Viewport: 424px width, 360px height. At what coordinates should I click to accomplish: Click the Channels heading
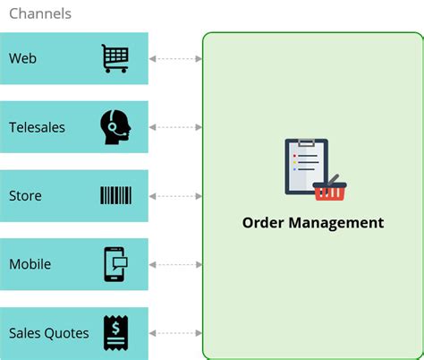coord(40,14)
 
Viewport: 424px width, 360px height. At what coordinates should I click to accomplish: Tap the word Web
coord(22,58)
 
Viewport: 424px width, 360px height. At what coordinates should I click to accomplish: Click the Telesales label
coord(37,127)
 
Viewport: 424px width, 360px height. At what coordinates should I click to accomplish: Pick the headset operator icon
coord(115,127)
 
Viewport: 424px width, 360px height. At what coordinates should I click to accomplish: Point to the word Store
coord(25,195)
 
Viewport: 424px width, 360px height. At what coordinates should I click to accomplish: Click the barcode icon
coord(115,195)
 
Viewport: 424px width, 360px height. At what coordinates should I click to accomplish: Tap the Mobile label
coord(30,264)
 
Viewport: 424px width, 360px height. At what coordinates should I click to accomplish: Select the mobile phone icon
coord(115,264)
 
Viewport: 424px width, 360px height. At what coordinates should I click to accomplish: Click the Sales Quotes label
coord(49,333)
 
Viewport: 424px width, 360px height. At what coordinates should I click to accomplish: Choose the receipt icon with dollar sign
coord(114,332)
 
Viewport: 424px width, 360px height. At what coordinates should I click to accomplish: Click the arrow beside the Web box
coord(175,59)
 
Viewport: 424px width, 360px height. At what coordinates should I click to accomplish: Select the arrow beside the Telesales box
coord(175,127)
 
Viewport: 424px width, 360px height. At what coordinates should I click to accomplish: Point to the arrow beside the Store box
coord(175,196)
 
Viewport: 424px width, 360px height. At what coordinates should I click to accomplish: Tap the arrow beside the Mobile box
coord(175,264)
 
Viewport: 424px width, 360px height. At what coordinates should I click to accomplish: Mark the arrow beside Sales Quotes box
coord(175,333)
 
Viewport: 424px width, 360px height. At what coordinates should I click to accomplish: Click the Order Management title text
coord(312,223)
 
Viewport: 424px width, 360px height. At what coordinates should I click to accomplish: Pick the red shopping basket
coord(329,189)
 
